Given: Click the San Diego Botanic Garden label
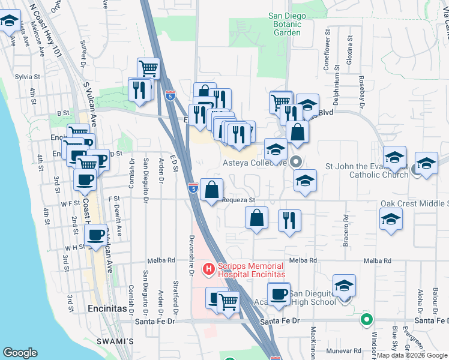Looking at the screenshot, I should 284,24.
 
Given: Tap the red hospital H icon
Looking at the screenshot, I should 209,269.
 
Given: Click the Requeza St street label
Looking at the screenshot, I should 239,200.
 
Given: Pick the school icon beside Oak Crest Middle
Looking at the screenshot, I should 391,220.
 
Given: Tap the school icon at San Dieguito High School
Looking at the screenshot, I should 344,285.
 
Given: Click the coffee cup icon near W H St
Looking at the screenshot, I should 95,235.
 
